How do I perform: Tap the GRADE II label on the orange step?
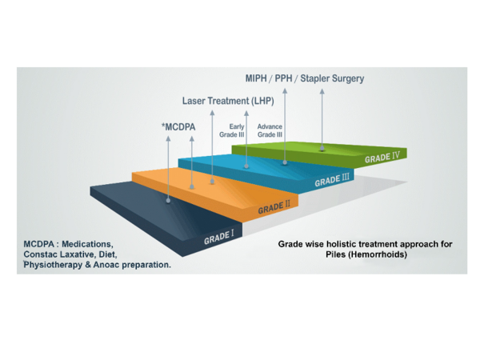(x=274, y=209)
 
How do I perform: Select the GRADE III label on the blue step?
(x=332, y=181)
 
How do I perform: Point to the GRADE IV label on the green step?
(x=382, y=158)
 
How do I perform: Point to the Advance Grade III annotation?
(x=270, y=130)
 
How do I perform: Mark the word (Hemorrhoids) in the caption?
(x=379, y=254)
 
